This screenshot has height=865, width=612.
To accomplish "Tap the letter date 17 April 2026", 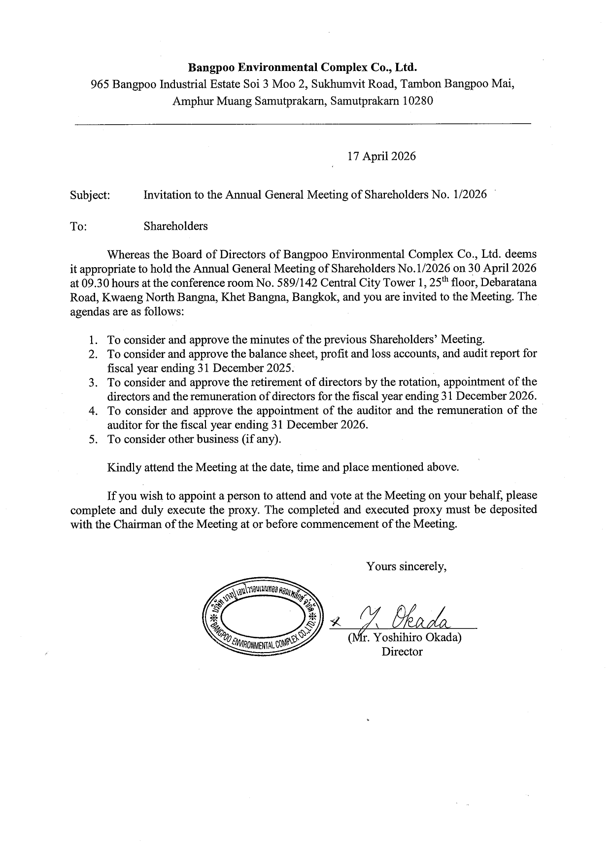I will [381, 156].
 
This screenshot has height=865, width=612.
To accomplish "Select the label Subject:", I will [90, 195].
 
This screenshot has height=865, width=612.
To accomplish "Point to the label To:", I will [79, 227].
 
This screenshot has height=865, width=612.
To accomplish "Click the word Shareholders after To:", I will [175, 226].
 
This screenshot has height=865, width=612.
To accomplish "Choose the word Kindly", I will [124, 467].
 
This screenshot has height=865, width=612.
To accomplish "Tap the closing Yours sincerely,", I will [406, 566].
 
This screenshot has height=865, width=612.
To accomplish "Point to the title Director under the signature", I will [402, 652].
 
